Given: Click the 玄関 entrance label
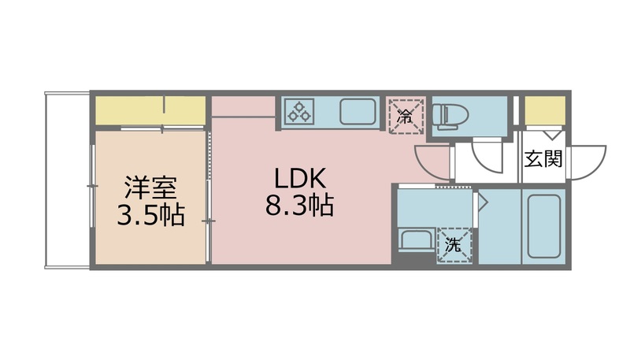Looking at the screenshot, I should (x=543, y=159).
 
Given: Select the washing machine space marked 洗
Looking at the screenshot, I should (x=455, y=244).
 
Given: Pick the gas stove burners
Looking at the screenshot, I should (x=299, y=111).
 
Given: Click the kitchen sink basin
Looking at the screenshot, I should (x=357, y=111).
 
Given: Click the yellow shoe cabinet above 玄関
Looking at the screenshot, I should (x=544, y=110).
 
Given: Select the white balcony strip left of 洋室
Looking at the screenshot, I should (x=67, y=180).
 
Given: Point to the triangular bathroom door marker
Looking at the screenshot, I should (x=483, y=203).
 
